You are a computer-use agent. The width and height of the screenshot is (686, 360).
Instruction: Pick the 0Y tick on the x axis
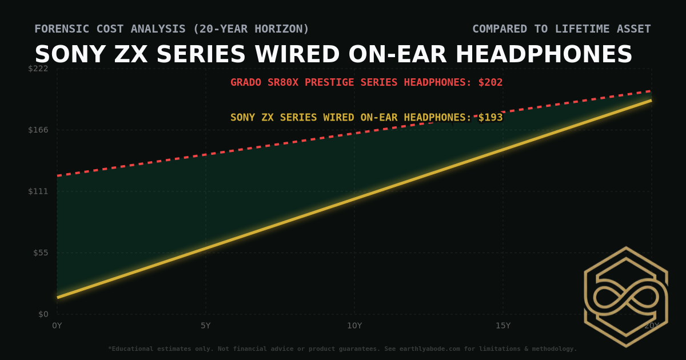click(57, 326)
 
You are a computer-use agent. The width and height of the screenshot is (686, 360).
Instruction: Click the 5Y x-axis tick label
click(206, 326)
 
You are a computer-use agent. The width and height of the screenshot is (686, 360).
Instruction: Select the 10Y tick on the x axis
click(354, 326)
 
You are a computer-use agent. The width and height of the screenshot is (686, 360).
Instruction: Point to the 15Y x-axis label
click(503, 326)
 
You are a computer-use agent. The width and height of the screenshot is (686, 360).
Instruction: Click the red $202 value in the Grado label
click(490, 82)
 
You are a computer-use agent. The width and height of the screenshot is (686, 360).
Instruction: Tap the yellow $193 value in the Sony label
click(490, 118)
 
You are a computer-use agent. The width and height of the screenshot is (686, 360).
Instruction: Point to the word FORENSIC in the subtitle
click(60, 29)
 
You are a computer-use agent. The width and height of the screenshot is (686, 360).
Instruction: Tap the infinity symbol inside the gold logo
click(626, 297)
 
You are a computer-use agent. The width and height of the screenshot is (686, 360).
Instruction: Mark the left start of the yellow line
click(58, 297)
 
